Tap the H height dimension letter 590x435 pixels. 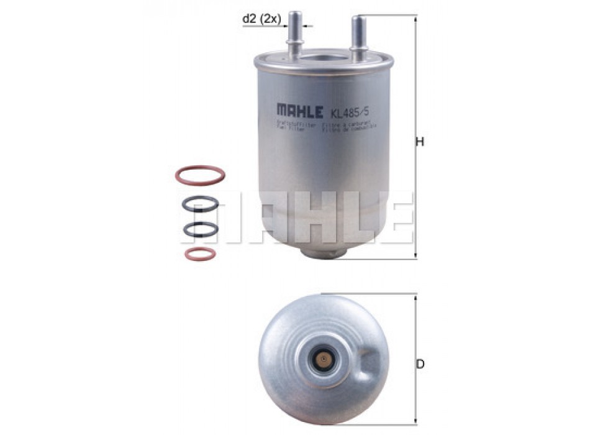point(420,142)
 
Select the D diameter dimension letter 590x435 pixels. point(420,364)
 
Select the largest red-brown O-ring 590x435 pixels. point(199,175)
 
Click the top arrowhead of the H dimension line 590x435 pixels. point(415,17)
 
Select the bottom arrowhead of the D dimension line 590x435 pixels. point(415,429)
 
